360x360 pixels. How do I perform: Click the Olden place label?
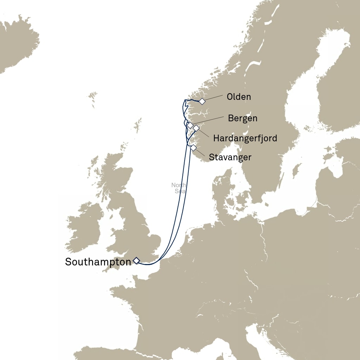click(x=239, y=97)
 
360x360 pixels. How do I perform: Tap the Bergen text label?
click(x=243, y=118)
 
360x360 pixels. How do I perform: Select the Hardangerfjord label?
click(x=245, y=138)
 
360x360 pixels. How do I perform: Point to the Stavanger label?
click(x=230, y=157)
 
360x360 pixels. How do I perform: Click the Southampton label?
click(x=98, y=262)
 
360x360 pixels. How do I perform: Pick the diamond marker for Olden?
click(x=202, y=102)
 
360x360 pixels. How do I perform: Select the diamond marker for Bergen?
click(x=190, y=125)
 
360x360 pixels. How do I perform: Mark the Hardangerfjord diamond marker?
click(x=196, y=128)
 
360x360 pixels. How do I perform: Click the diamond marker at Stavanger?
click(x=193, y=148)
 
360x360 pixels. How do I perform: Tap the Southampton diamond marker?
click(x=136, y=261)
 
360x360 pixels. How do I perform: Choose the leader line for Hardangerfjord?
click(x=204, y=134)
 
